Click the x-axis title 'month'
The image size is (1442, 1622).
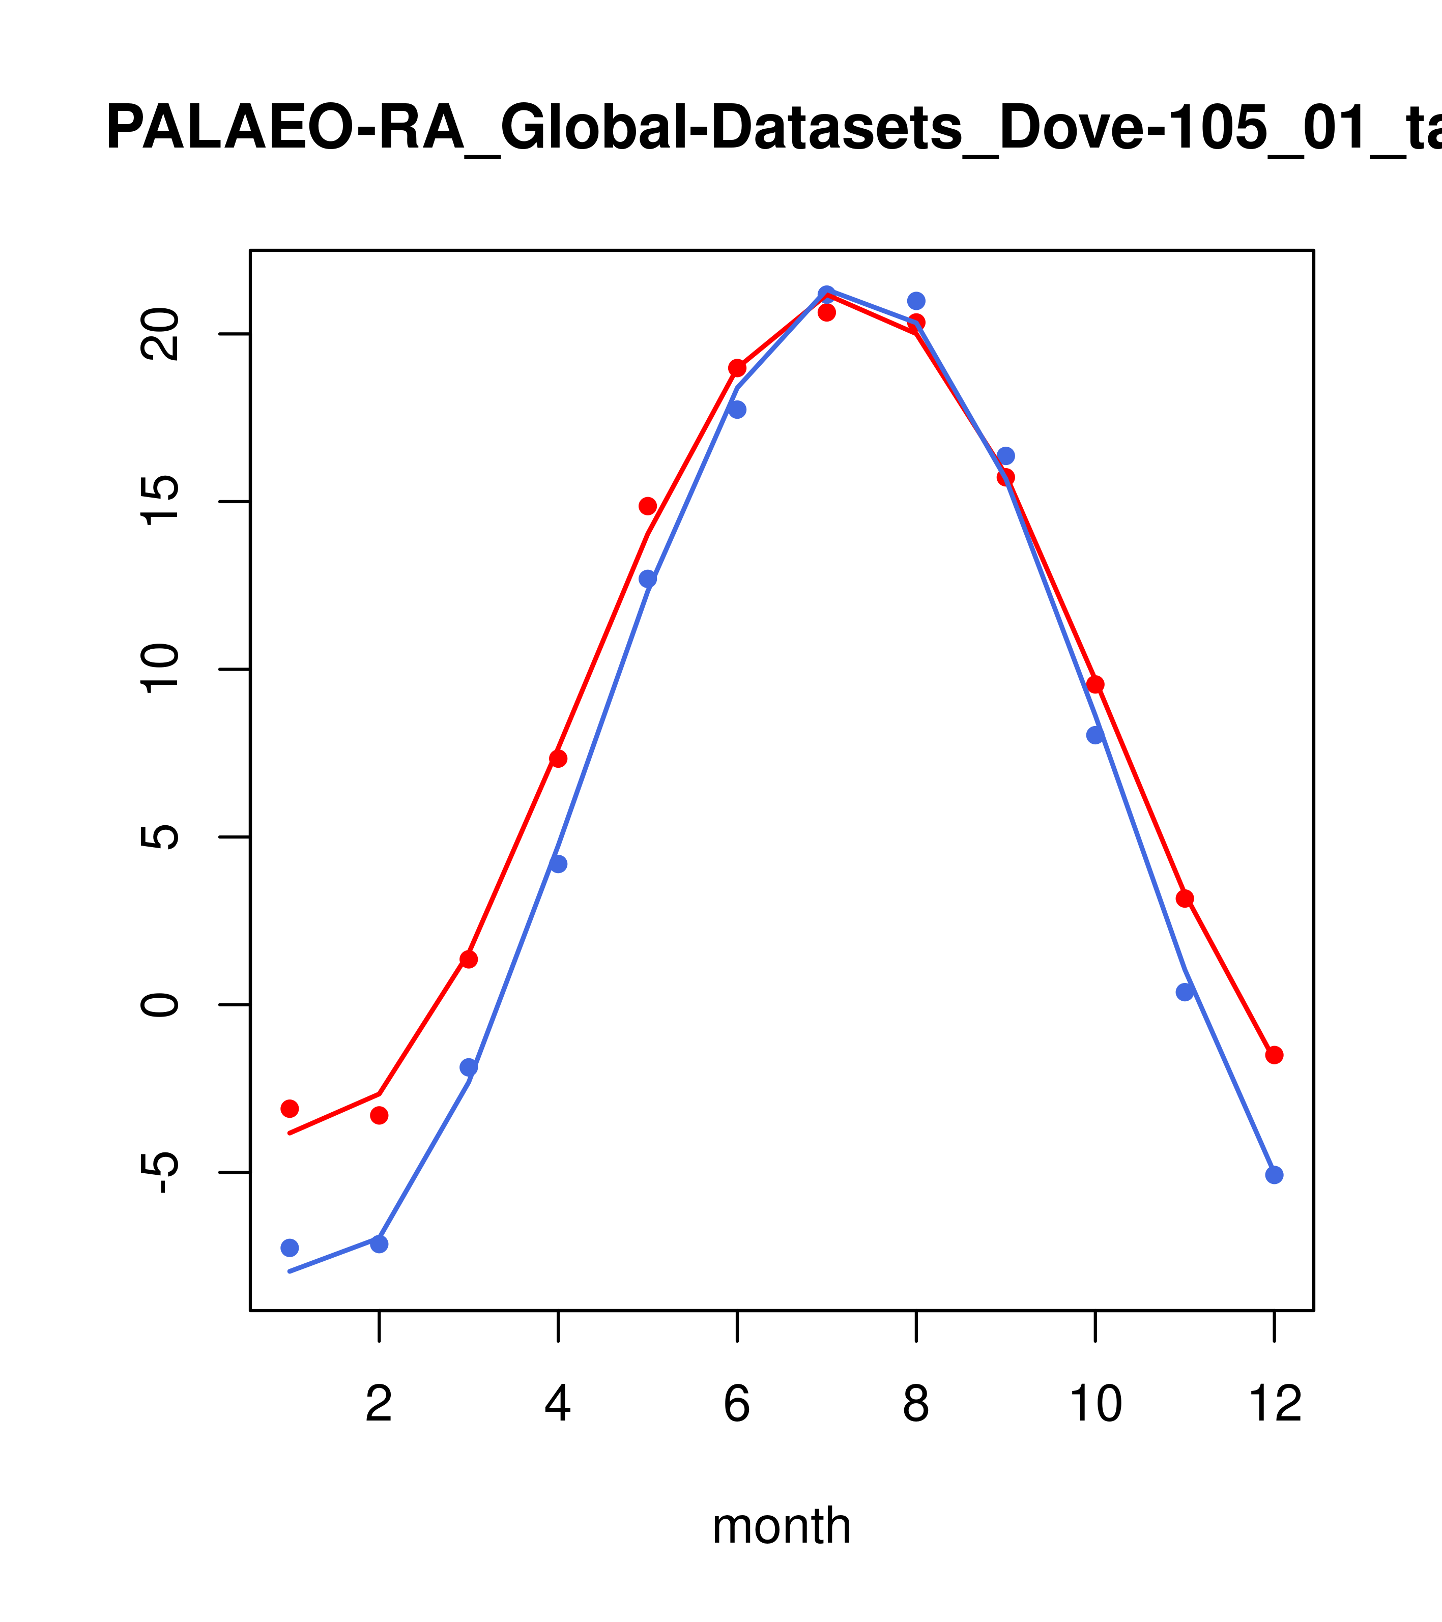(x=781, y=1525)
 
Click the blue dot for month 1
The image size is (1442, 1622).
(x=290, y=1248)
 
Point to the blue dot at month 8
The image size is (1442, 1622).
(x=916, y=301)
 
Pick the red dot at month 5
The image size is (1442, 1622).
(x=648, y=506)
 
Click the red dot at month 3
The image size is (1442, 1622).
(x=469, y=960)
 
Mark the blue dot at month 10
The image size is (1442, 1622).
(x=1095, y=735)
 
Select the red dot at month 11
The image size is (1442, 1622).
(x=1185, y=899)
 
